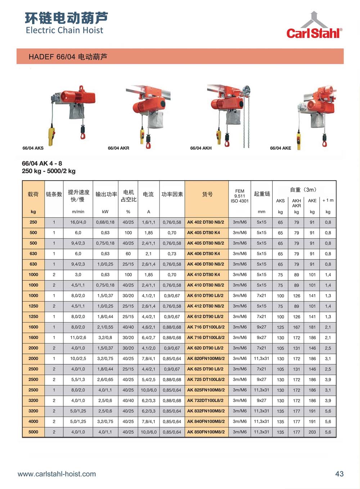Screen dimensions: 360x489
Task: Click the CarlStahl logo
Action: click(x=314, y=25)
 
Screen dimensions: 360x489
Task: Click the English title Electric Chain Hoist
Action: click(x=64, y=30)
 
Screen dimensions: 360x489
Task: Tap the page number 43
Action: click(x=339, y=474)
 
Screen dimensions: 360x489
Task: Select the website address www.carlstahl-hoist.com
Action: click(x=57, y=474)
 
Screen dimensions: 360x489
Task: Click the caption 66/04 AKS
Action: click(x=33, y=148)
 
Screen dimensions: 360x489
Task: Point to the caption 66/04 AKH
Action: click(x=201, y=148)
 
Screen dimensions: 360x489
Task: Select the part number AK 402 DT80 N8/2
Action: click(x=206, y=222)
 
